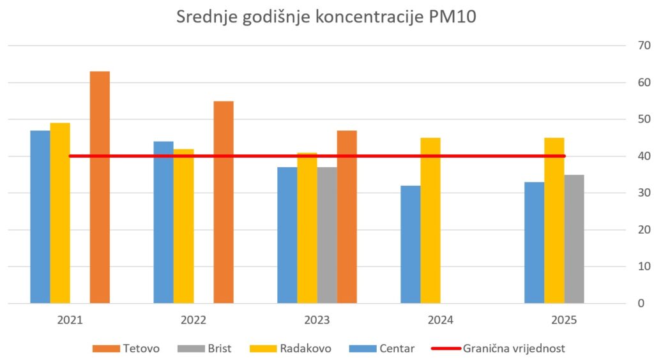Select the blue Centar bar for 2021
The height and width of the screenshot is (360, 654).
click(x=40, y=216)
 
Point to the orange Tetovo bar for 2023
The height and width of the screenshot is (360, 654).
click(x=347, y=216)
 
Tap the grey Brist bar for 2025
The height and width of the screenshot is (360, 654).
click(x=574, y=239)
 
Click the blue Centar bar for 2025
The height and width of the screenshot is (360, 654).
click(x=535, y=242)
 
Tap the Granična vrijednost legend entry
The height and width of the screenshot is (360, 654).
click(x=499, y=349)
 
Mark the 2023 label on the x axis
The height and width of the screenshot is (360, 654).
click(x=317, y=320)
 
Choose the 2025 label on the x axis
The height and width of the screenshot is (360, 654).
click(x=564, y=320)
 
